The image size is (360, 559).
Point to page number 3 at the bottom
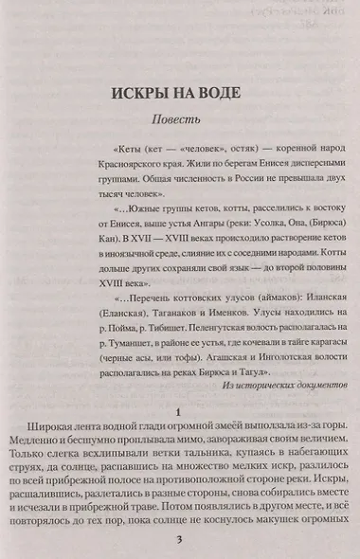178,540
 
